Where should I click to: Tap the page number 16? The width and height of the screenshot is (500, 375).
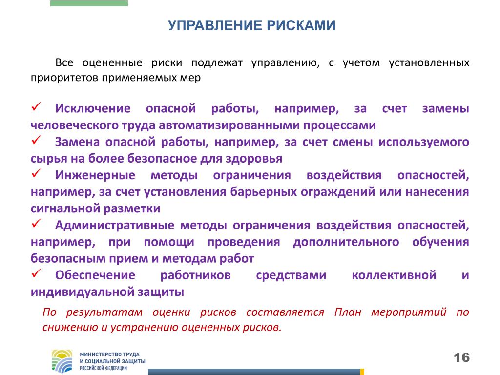point(462,357)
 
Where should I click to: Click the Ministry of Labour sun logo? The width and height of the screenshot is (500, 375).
point(62,361)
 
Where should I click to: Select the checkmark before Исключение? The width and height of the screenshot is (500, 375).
point(36,106)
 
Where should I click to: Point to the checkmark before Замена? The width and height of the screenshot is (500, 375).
point(36,140)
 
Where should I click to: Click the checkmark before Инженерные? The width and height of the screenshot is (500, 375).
point(36,173)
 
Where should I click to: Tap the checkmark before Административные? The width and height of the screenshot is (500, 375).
point(36,223)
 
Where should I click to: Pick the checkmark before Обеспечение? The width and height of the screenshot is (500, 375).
point(36,273)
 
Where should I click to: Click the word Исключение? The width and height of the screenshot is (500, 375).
point(93,108)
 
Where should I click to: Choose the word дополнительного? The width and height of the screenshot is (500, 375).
point(346,242)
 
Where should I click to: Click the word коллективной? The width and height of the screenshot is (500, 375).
point(394,275)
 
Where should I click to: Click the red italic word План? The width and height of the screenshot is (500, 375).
point(348,312)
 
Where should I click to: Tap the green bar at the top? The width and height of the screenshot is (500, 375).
point(89,3)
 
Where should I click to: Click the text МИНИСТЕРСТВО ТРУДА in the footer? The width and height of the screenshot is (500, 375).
point(109,354)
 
